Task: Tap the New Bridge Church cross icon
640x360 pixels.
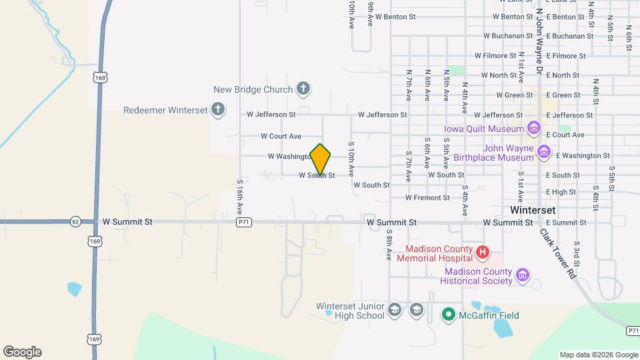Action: coord(303,89)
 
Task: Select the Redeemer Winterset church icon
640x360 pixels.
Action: coord(217,109)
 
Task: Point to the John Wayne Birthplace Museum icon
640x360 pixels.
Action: coord(544,153)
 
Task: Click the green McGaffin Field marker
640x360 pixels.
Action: coord(449,315)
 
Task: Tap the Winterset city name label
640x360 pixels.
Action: coord(532,209)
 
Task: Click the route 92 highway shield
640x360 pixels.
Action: coord(75,221)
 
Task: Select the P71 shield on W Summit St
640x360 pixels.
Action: coord(244,222)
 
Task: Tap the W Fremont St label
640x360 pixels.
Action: coord(428,198)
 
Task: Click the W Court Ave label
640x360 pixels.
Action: coord(281,136)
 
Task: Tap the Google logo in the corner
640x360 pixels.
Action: coord(22,352)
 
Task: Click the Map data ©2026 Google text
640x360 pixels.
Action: coord(598,355)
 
